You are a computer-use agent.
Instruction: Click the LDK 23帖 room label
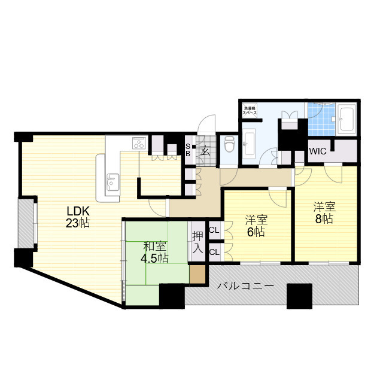[x=78, y=217]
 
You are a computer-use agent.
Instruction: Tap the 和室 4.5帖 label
[x=155, y=252]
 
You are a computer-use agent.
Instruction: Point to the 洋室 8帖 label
[x=324, y=213]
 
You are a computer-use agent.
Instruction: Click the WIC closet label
[x=318, y=151]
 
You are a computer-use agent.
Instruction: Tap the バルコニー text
[x=245, y=286]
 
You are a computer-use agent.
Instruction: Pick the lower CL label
[x=214, y=252]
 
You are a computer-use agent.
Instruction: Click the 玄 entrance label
[x=205, y=150]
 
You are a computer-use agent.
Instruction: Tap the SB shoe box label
[x=188, y=150]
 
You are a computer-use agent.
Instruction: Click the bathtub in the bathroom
[x=346, y=120]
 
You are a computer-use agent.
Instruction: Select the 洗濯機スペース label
[x=250, y=111]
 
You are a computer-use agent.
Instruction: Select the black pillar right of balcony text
[x=299, y=295]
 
